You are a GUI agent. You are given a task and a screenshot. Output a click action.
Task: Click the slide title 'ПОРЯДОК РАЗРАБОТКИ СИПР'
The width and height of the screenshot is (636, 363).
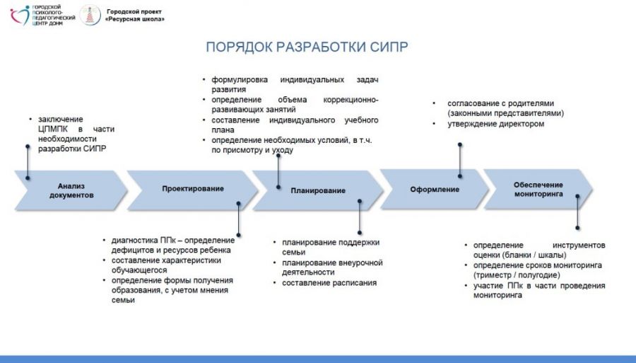point(307,47)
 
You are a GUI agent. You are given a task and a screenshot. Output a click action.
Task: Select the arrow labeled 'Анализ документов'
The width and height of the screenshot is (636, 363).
point(71,190)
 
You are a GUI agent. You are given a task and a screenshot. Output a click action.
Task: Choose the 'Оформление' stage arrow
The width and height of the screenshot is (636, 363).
point(435,189)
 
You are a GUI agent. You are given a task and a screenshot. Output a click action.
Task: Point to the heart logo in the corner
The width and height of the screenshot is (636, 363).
point(20,14)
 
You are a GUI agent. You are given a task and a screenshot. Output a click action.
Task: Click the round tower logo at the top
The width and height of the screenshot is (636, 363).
point(90,15)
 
